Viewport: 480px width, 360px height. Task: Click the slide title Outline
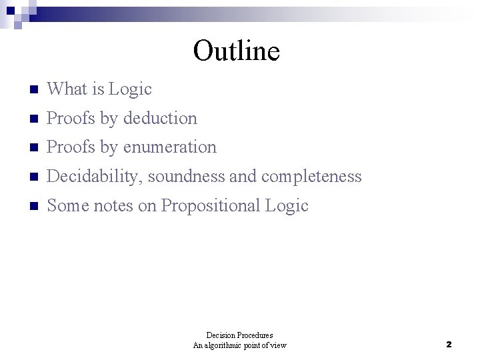tap(236, 51)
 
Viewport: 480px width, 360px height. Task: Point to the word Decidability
tap(95, 177)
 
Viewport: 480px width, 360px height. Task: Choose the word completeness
tap(311, 177)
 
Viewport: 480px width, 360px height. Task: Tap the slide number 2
tap(449, 345)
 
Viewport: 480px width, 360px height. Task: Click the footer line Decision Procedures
tap(240, 335)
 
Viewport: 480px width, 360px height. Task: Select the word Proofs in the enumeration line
tap(71, 147)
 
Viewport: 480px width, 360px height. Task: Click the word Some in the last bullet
tap(67, 206)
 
